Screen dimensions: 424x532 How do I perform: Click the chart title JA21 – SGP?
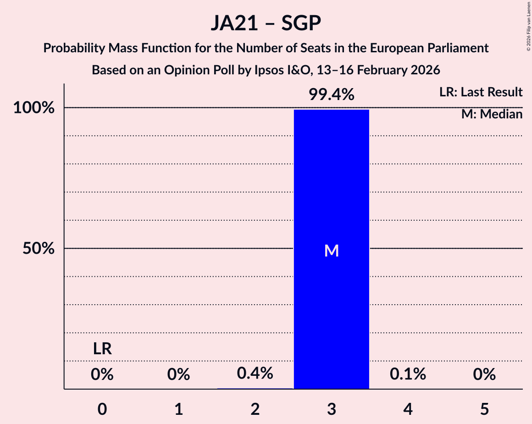(266, 23)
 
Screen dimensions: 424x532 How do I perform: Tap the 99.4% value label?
(331, 95)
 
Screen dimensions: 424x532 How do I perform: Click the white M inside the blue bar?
(331, 251)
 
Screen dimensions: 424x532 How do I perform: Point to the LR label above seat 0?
(102, 349)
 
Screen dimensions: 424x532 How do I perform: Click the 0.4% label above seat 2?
(255, 374)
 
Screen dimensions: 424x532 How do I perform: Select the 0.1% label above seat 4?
(408, 374)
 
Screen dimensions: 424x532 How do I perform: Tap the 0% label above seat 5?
(484, 374)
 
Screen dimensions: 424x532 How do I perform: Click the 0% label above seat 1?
(178, 374)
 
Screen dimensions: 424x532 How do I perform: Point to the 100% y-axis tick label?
(34, 108)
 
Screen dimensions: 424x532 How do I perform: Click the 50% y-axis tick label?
(39, 249)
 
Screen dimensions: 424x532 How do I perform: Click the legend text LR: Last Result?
(480, 92)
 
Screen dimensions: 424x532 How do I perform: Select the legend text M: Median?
(492, 114)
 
